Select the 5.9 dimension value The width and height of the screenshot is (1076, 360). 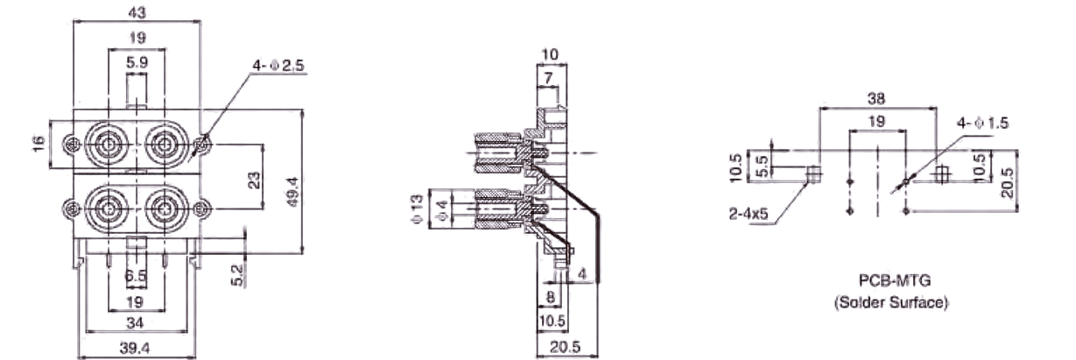tap(137, 63)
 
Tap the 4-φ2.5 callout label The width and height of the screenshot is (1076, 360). tap(278, 67)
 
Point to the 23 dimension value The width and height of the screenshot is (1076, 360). tap(255, 180)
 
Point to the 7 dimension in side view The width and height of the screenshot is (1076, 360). tap(548, 80)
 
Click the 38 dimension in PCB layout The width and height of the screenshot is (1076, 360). tap(876, 99)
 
